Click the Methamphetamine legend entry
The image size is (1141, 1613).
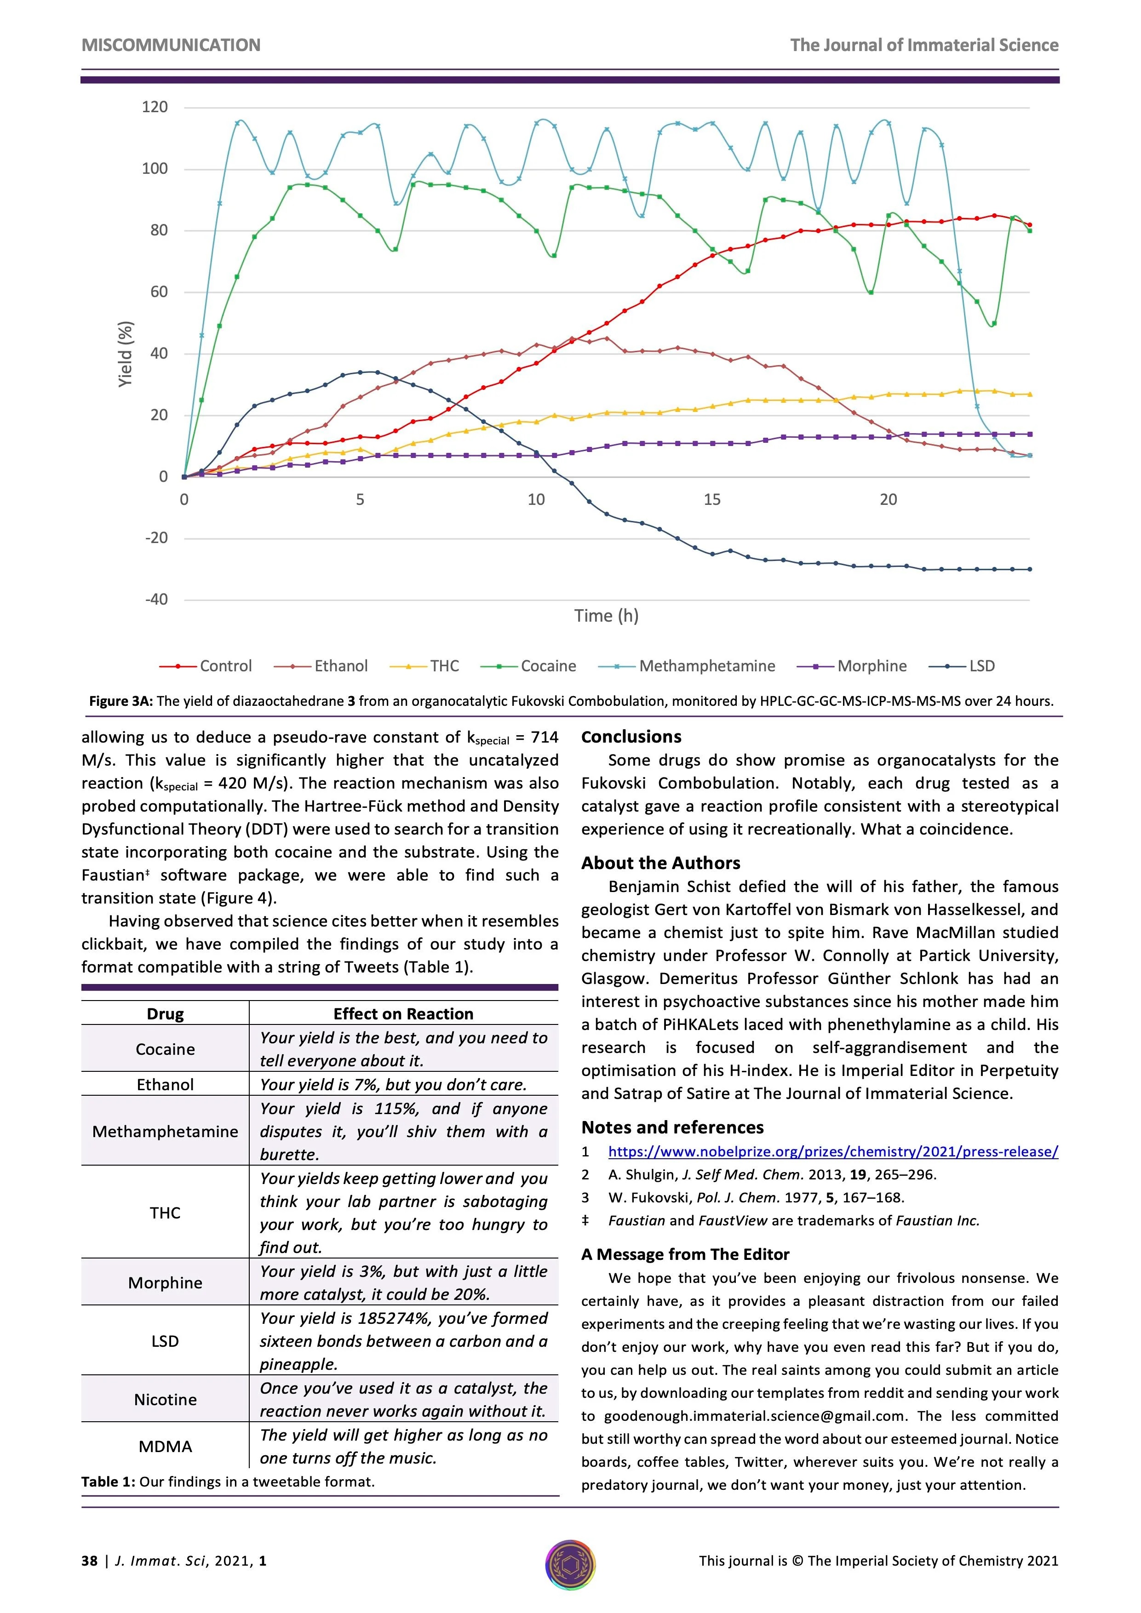(x=706, y=666)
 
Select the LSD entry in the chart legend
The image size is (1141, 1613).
(x=981, y=666)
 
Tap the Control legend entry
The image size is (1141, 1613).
(x=225, y=666)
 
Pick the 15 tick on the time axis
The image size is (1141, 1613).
(x=712, y=499)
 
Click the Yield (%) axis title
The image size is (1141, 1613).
(x=125, y=354)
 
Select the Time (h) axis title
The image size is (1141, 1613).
(x=606, y=616)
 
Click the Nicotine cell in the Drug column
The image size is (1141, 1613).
(x=165, y=1400)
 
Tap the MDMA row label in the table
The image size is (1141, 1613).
(x=165, y=1447)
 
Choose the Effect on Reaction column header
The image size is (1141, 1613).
(x=403, y=1014)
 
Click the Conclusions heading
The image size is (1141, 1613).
(x=631, y=737)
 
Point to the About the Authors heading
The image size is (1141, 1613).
(x=660, y=864)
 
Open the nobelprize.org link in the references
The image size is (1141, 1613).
(x=832, y=1151)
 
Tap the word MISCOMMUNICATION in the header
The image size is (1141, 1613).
(x=171, y=45)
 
